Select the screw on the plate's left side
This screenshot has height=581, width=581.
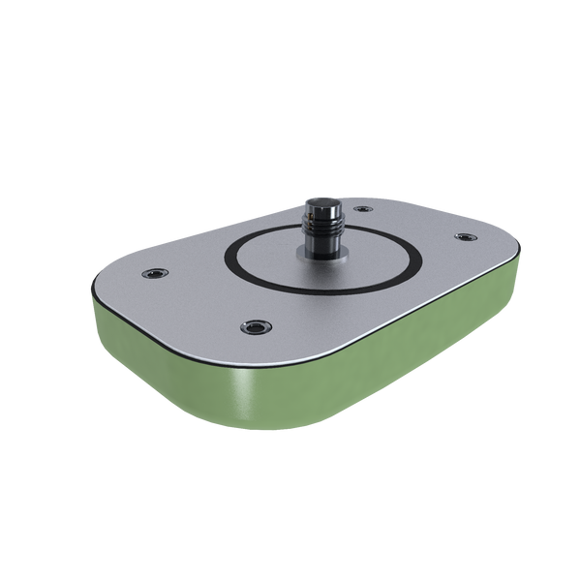click(152, 272)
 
